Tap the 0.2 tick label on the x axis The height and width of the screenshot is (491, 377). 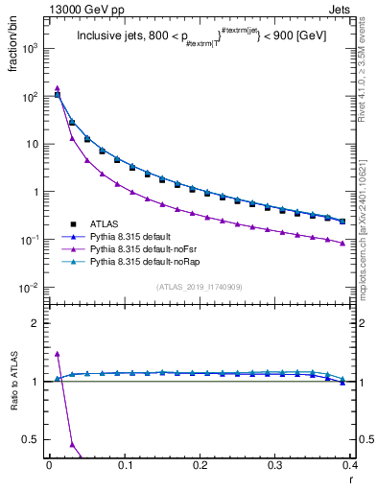(200, 465)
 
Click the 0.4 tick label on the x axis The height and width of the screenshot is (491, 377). (350, 465)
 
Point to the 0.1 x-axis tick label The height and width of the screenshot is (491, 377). (125, 465)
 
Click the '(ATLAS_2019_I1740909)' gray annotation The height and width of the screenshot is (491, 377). (199, 287)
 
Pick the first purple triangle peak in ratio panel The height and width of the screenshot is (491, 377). (57, 354)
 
